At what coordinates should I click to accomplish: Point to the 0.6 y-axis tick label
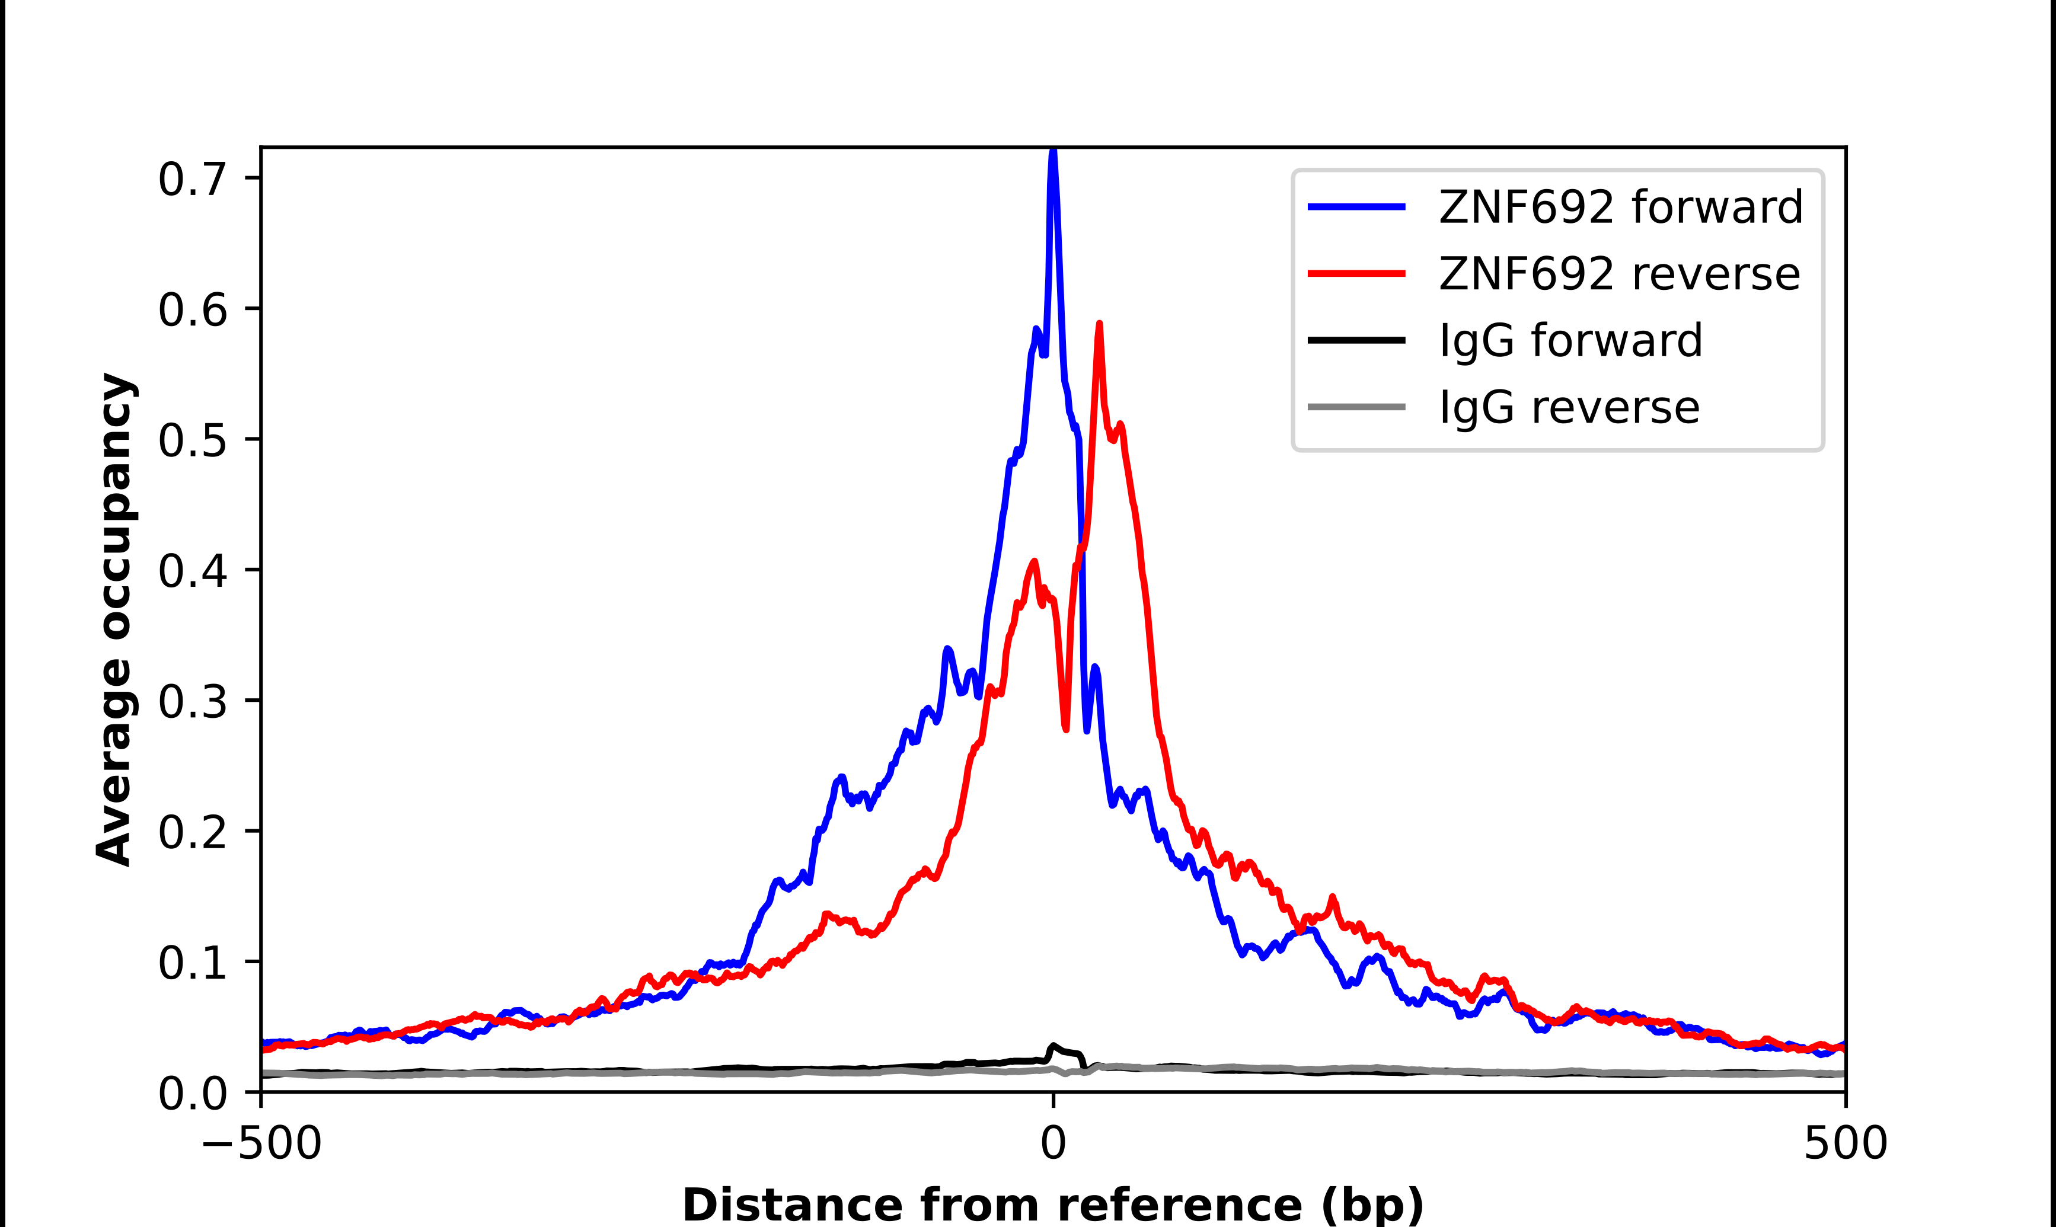192,310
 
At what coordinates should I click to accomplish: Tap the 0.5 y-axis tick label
192,440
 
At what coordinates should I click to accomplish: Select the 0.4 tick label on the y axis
192,570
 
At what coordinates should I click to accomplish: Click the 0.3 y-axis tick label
192,701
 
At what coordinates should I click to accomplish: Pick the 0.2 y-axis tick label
192,832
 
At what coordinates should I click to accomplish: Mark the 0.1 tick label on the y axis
192,963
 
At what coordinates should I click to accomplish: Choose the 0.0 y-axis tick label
192,1093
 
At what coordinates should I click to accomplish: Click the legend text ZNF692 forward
1620,207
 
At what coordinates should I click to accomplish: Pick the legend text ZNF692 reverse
1618,274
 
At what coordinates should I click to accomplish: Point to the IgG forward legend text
1570,341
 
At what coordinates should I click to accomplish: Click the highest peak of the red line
1099,325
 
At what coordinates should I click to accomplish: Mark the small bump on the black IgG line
1054,1047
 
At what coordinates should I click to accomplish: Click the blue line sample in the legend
1356,207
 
